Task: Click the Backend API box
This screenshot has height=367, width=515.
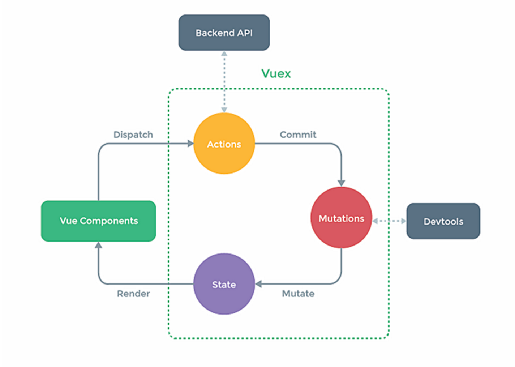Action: coord(224,33)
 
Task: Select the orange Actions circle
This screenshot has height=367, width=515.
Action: coord(224,144)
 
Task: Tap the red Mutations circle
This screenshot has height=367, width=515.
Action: coord(341,218)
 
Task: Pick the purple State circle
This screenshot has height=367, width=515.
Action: coord(224,284)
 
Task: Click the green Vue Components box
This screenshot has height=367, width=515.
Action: coord(98,221)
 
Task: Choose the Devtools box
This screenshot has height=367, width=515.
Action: coord(443,221)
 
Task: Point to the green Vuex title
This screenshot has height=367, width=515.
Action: coord(276,74)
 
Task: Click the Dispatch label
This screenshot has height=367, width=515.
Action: coord(133,135)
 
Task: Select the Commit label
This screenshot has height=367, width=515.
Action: coord(298,135)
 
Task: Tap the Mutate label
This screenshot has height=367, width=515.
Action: coord(298,293)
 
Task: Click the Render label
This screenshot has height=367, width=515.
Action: coord(133,293)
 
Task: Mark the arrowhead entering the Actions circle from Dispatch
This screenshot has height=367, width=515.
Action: coord(190,144)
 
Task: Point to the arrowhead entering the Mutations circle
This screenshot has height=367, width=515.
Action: coord(341,183)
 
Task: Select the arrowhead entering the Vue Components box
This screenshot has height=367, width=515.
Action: coord(98,245)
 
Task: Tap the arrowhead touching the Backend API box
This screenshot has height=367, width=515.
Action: coord(224,54)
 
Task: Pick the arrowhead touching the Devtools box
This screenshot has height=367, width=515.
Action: coord(403,221)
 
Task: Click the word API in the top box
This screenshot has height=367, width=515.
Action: coord(245,33)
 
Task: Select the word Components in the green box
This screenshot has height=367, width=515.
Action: coord(109,221)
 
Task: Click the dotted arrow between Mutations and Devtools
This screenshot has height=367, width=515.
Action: coord(389,221)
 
